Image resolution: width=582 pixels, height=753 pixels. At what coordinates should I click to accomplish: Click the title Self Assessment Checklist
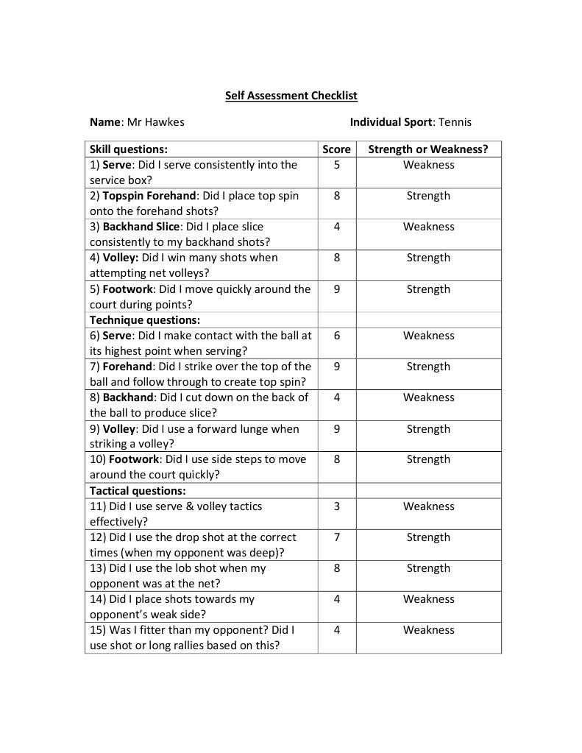(291, 96)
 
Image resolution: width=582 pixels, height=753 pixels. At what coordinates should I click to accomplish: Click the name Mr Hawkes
(155, 122)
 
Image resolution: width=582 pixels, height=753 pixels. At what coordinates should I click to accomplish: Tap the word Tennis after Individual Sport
(455, 122)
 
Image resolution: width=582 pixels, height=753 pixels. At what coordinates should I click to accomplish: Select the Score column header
(336, 149)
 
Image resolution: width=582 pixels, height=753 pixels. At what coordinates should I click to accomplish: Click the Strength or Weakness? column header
(427, 149)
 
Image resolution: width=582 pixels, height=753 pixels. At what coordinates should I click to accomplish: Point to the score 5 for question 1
(336, 165)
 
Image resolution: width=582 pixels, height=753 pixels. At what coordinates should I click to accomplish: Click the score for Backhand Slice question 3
(336, 227)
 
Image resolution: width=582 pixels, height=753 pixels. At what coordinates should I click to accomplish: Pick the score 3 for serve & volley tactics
(336, 506)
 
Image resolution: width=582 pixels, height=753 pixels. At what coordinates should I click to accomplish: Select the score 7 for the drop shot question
(336, 537)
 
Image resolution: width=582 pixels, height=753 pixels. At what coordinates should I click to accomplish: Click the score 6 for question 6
(336, 336)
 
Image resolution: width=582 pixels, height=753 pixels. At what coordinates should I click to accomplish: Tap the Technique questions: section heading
(145, 320)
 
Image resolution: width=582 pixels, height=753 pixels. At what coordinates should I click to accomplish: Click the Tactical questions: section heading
(138, 491)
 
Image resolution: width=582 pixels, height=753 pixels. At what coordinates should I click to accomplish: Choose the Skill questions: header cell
(129, 149)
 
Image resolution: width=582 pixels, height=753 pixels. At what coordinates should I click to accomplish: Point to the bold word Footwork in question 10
(132, 459)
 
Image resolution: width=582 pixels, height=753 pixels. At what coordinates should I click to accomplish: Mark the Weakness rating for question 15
(428, 630)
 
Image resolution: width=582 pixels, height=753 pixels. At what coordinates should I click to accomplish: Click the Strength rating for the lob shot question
(428, 568)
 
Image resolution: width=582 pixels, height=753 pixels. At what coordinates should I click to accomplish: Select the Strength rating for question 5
(428, 289)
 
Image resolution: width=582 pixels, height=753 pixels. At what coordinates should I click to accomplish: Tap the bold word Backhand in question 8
(126, 397)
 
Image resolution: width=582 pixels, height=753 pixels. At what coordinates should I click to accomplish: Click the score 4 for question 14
(336, 599)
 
